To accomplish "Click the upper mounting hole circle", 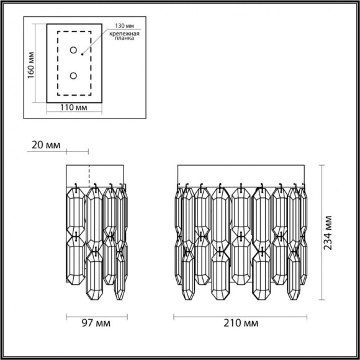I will click(74, 50).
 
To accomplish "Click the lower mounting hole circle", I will click(74, 75).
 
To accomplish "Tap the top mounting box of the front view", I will click(241, 174).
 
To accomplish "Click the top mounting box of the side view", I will click(96, 174).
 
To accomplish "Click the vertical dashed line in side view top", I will click(90, 174).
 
